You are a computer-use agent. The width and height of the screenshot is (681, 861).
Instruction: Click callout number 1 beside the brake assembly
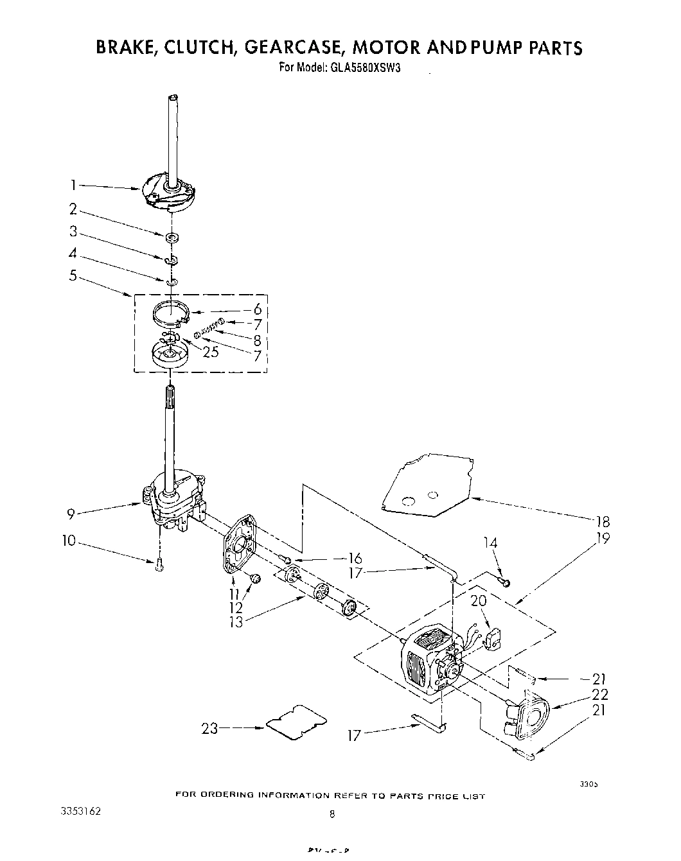(74, 185)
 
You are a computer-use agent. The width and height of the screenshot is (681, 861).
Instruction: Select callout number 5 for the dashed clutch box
(73, 275)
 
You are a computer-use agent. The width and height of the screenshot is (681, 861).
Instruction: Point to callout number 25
(210, 351)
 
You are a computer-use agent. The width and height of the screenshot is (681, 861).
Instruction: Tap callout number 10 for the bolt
(69, 541)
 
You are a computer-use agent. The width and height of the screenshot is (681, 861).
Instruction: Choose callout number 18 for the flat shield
(603, 521)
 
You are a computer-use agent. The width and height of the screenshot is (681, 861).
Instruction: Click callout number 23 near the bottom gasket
(210, 729)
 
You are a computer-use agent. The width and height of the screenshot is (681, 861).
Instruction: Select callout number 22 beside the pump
(601, 695)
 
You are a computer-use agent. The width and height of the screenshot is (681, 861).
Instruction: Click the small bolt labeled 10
(159, 564)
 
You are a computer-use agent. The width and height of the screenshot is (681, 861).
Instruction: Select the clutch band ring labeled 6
(172, 313)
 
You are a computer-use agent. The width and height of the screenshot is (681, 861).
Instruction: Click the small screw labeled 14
(505, 582)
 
